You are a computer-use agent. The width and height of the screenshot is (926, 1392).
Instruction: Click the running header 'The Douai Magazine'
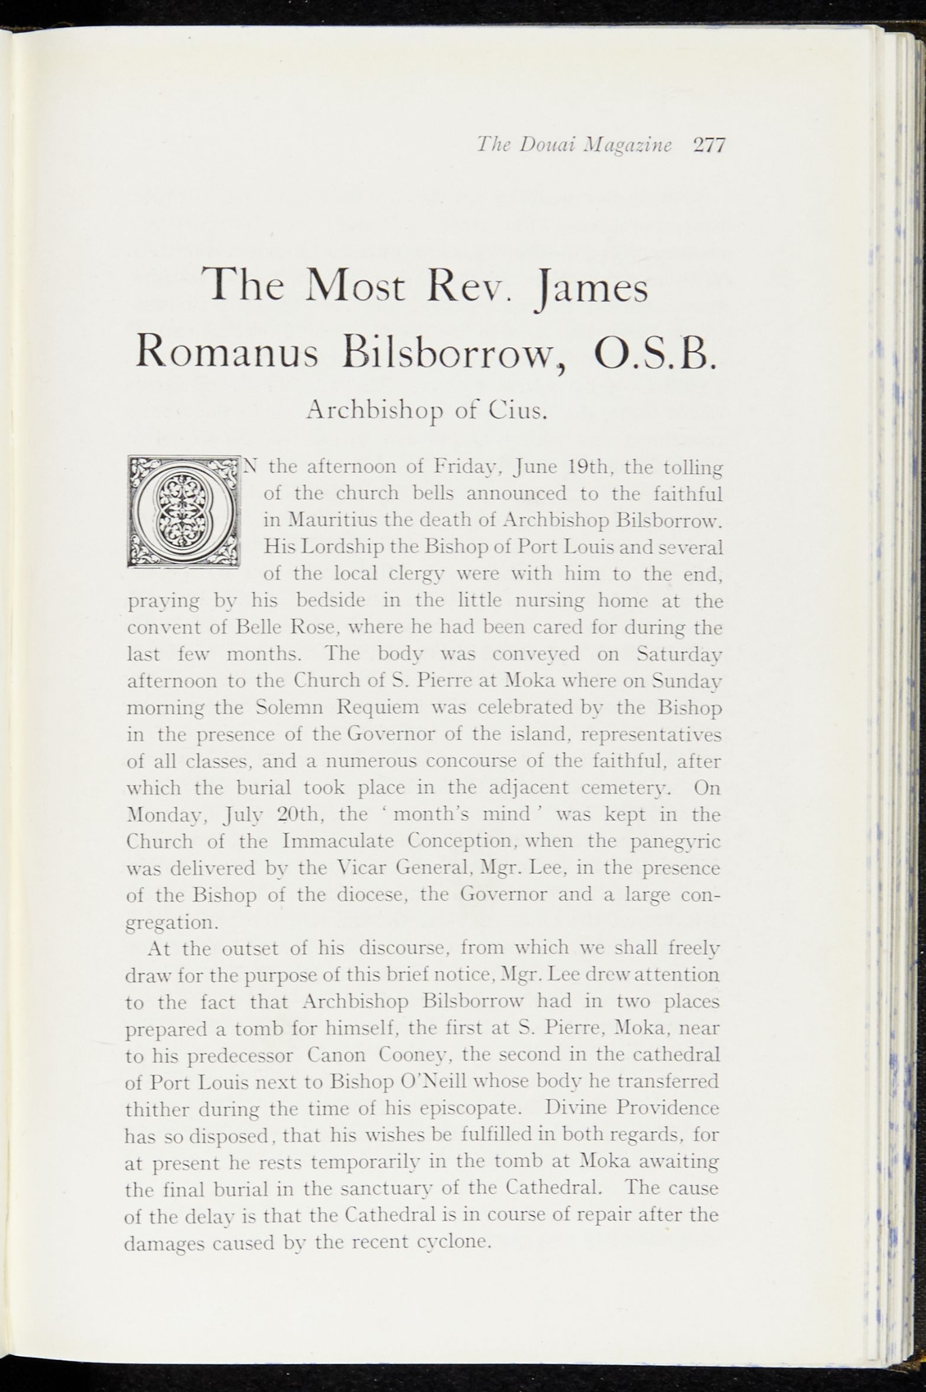coord(574,145)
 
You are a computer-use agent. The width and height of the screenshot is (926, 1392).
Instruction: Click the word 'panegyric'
coord(675,842)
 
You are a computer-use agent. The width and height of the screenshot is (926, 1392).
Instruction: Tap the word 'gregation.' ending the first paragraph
coord(173,924)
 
